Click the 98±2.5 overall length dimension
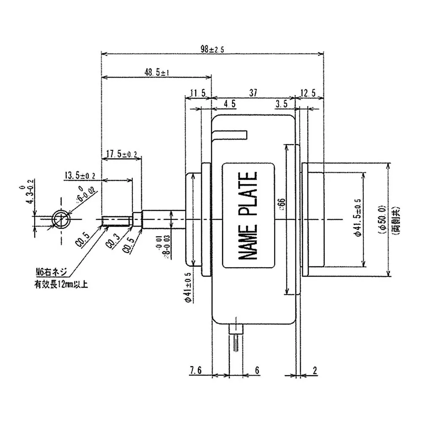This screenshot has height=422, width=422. pyautogui.click(x=212, y=49)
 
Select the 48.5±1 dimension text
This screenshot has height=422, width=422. pyautogui.click(x=157, y=73)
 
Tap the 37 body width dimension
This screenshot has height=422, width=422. pyautogui.click(x=253, y=91)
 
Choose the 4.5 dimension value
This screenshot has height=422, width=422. pyautogui.click(x=229, y=104)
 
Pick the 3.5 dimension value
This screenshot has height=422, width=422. pyautogui.click(x=282, y=104)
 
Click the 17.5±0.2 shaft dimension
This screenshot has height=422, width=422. pyautogui.click(x=121, y=154)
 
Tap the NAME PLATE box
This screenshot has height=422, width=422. pyautogui.click(x=248, y=216)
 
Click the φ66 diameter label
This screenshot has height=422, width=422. pyautogui.click(x=280, y=205)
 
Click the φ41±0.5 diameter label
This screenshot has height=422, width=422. pyautogui.click(x=188, y=286)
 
